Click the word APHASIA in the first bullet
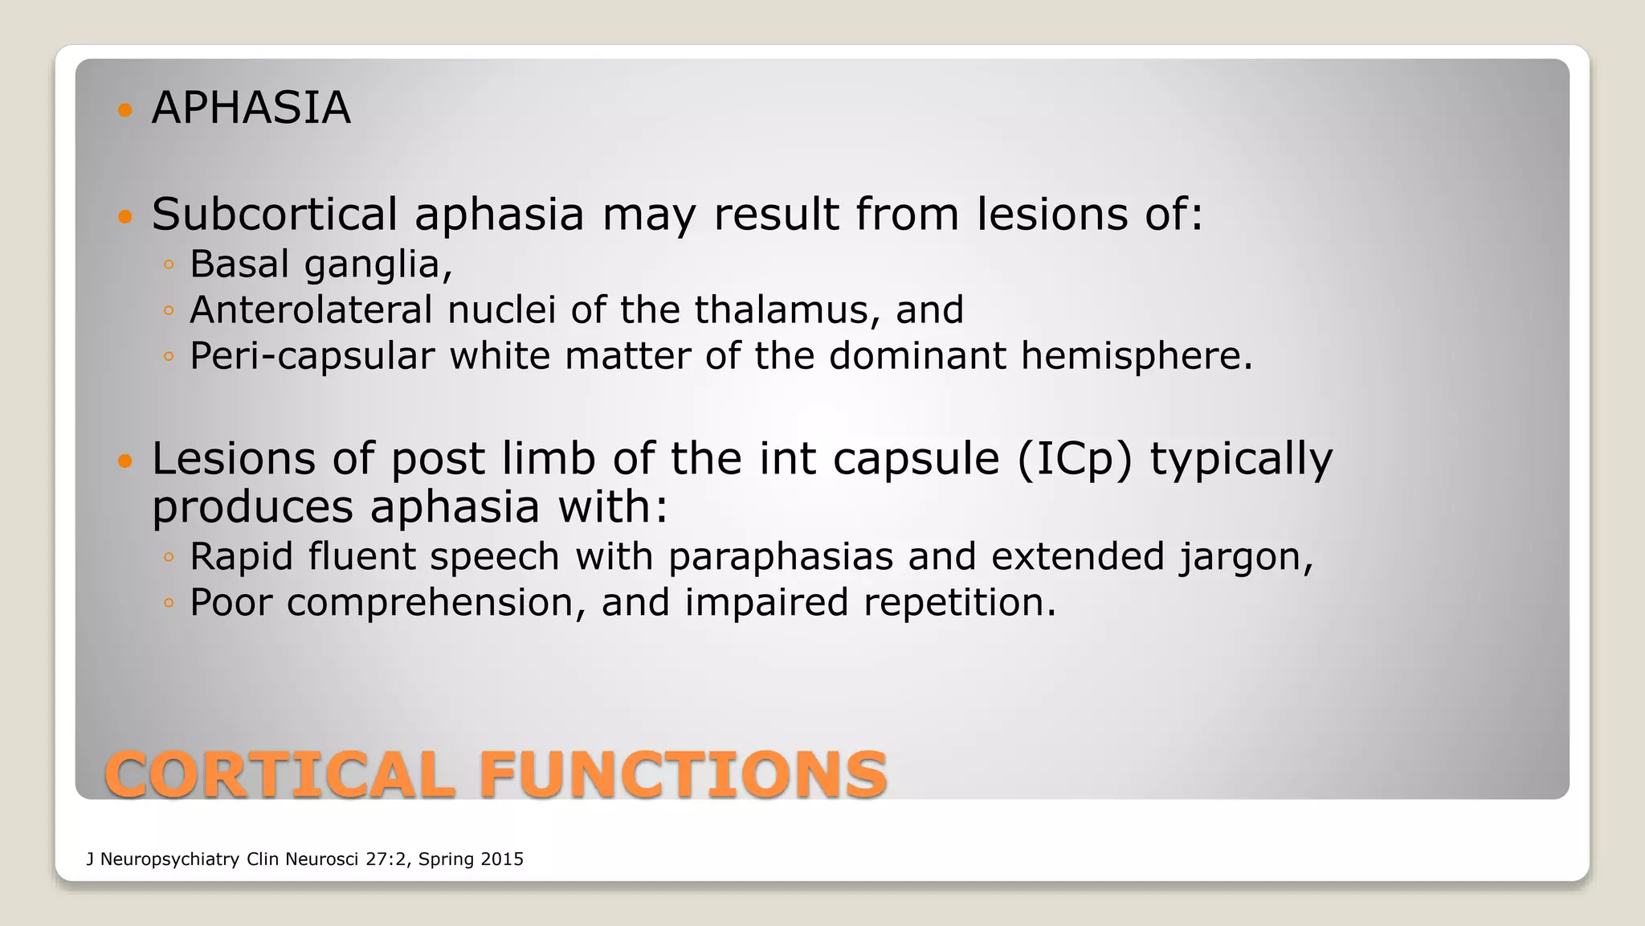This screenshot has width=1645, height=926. click(x=251, y=108)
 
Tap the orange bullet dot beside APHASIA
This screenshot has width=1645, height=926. click(x=124, y=109)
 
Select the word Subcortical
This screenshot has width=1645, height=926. click(x=274, y=215)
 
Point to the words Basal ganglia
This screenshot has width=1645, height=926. click(x=320, y=264)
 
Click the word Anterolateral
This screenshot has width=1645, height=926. click(x=311, y=310)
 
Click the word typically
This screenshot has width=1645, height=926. click(x=1241, y=459)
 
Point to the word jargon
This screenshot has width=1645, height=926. click(x=1245, y=557)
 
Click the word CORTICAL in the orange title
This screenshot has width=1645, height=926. click(x=279, y=775)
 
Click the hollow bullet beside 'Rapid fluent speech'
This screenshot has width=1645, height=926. click(x=168, y=556)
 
